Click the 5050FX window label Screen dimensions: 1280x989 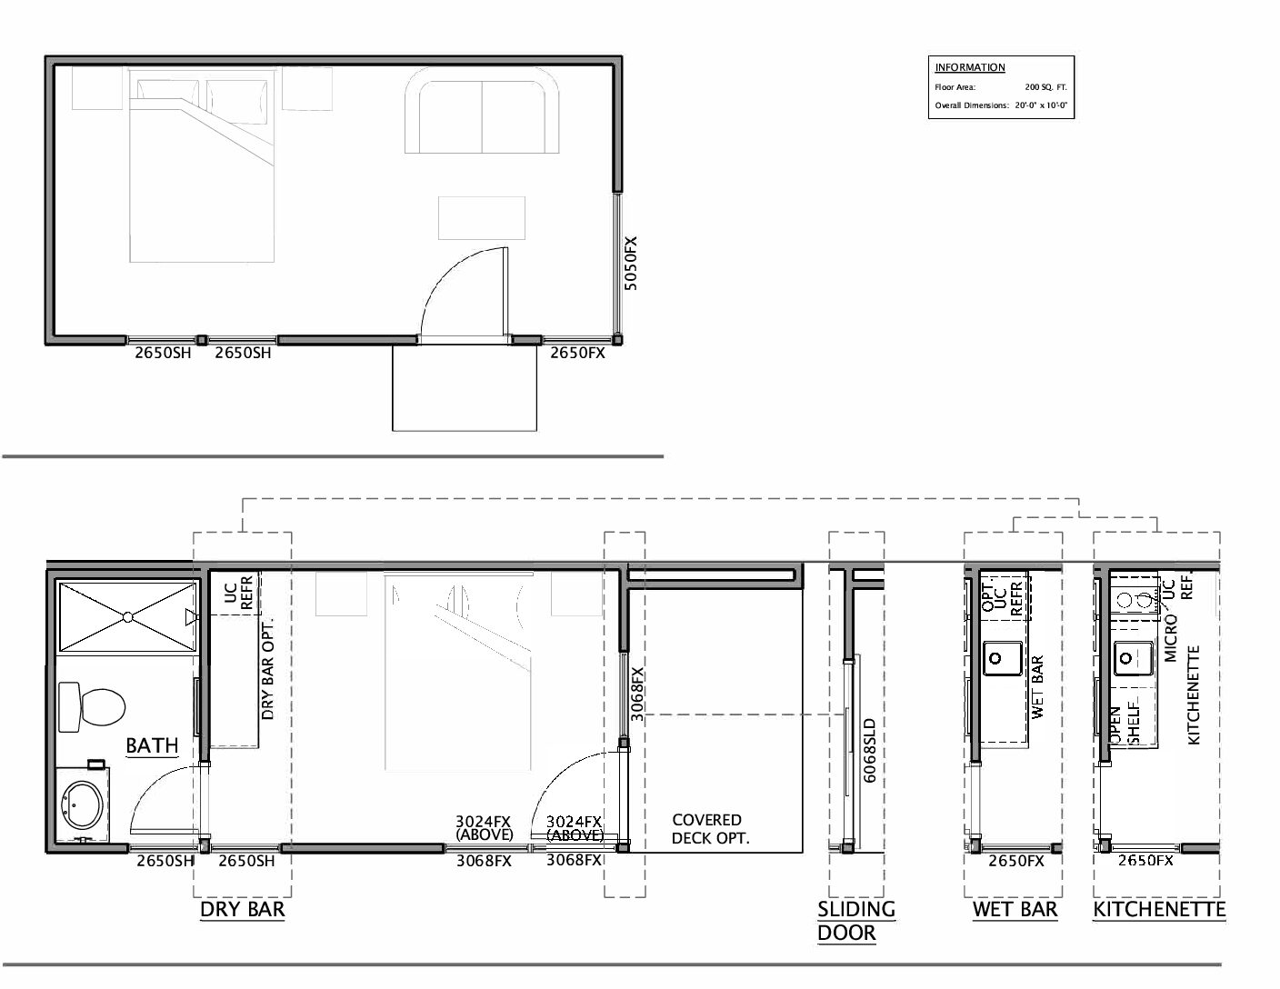pyautogui.click(x=631, y=264)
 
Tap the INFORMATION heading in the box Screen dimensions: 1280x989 pyautogui.click(x=970, y=67)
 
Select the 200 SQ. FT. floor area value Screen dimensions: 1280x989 pyautogui.click(x=1045, y=87)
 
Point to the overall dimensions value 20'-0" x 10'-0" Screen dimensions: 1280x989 pyautogui.click(x=1041, y=105)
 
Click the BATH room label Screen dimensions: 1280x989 pyautogui.click(x=152, y=745)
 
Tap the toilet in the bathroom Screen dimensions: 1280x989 pyautogui.click(x=92, y=707)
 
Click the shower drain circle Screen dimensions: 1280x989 pyautogui.click(x=128, y=616)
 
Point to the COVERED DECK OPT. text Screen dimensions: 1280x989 pyautogui.click(x=710, y=829)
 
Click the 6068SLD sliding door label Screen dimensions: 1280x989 pyautogui.click(x=870, y=751)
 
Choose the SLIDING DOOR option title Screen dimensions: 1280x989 pyautogui.click(x=855, y=921)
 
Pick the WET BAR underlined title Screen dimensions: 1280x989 pyautogui.click(x=1015, y=910)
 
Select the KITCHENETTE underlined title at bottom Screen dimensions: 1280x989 pyautogui.click(x=1159, y=910)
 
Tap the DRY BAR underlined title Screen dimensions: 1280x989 pyautogui.click(x=242, y=910)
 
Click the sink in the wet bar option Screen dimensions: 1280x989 pyautogui.click(x=1003, y=658)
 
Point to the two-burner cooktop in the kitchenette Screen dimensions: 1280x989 pyautogui.click(x=1135, y=600)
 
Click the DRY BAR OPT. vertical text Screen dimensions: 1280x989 pyautogui.click(x=267, y=668)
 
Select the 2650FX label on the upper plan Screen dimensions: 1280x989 pyautogui.click(x=577, y=353)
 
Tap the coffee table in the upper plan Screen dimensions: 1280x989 pyautogui.click(x=481, y=218)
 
